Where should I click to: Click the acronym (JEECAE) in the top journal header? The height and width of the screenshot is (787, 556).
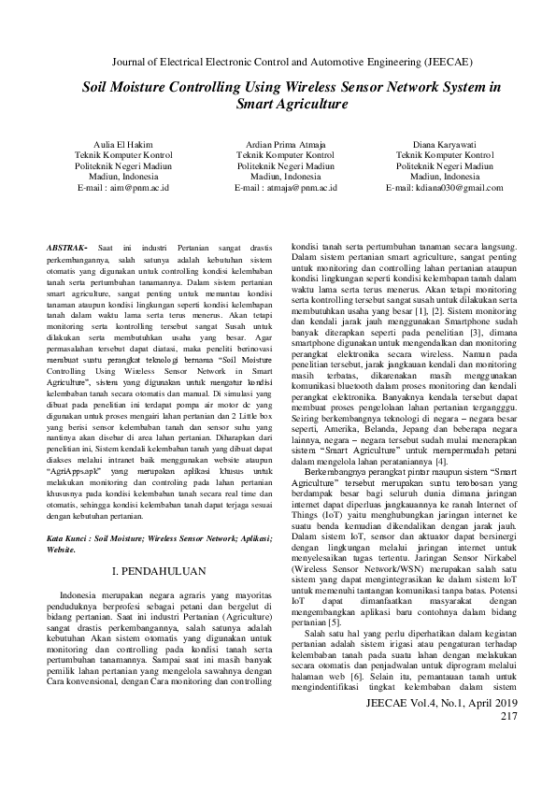(x=438, y=62)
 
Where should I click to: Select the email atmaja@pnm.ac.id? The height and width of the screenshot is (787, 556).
(x=292, y=187)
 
